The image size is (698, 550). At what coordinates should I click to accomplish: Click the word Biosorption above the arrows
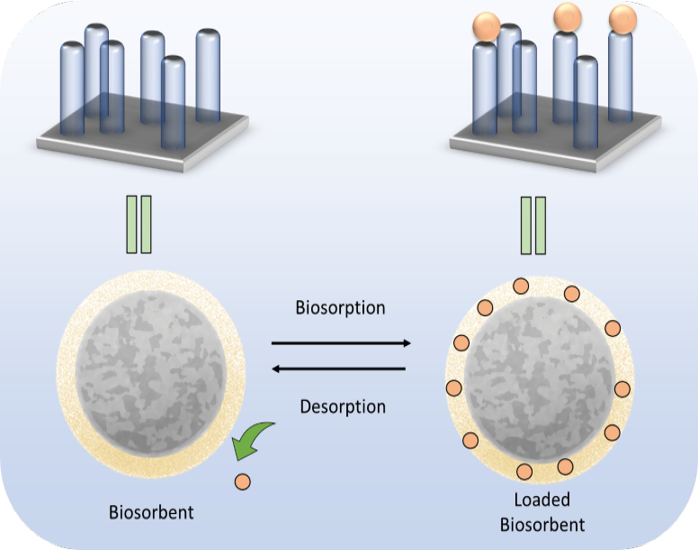[340, 308]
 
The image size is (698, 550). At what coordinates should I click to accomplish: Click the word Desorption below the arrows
[342, 407]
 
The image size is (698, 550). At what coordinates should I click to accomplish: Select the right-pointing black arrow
[340, 342]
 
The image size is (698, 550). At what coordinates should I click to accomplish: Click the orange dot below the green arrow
[243, 481]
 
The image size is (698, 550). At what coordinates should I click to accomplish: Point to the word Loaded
[541, 500]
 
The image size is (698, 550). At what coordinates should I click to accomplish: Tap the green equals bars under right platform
[533, 226]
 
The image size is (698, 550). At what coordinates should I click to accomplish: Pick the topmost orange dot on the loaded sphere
[520, 286]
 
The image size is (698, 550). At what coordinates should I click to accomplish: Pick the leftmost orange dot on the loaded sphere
[453, 388]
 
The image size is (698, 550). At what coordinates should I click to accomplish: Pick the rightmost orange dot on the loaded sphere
[622, 389]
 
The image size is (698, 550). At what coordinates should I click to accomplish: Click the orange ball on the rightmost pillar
[622, 18]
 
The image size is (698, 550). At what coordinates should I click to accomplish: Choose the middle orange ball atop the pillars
[568, 16]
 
